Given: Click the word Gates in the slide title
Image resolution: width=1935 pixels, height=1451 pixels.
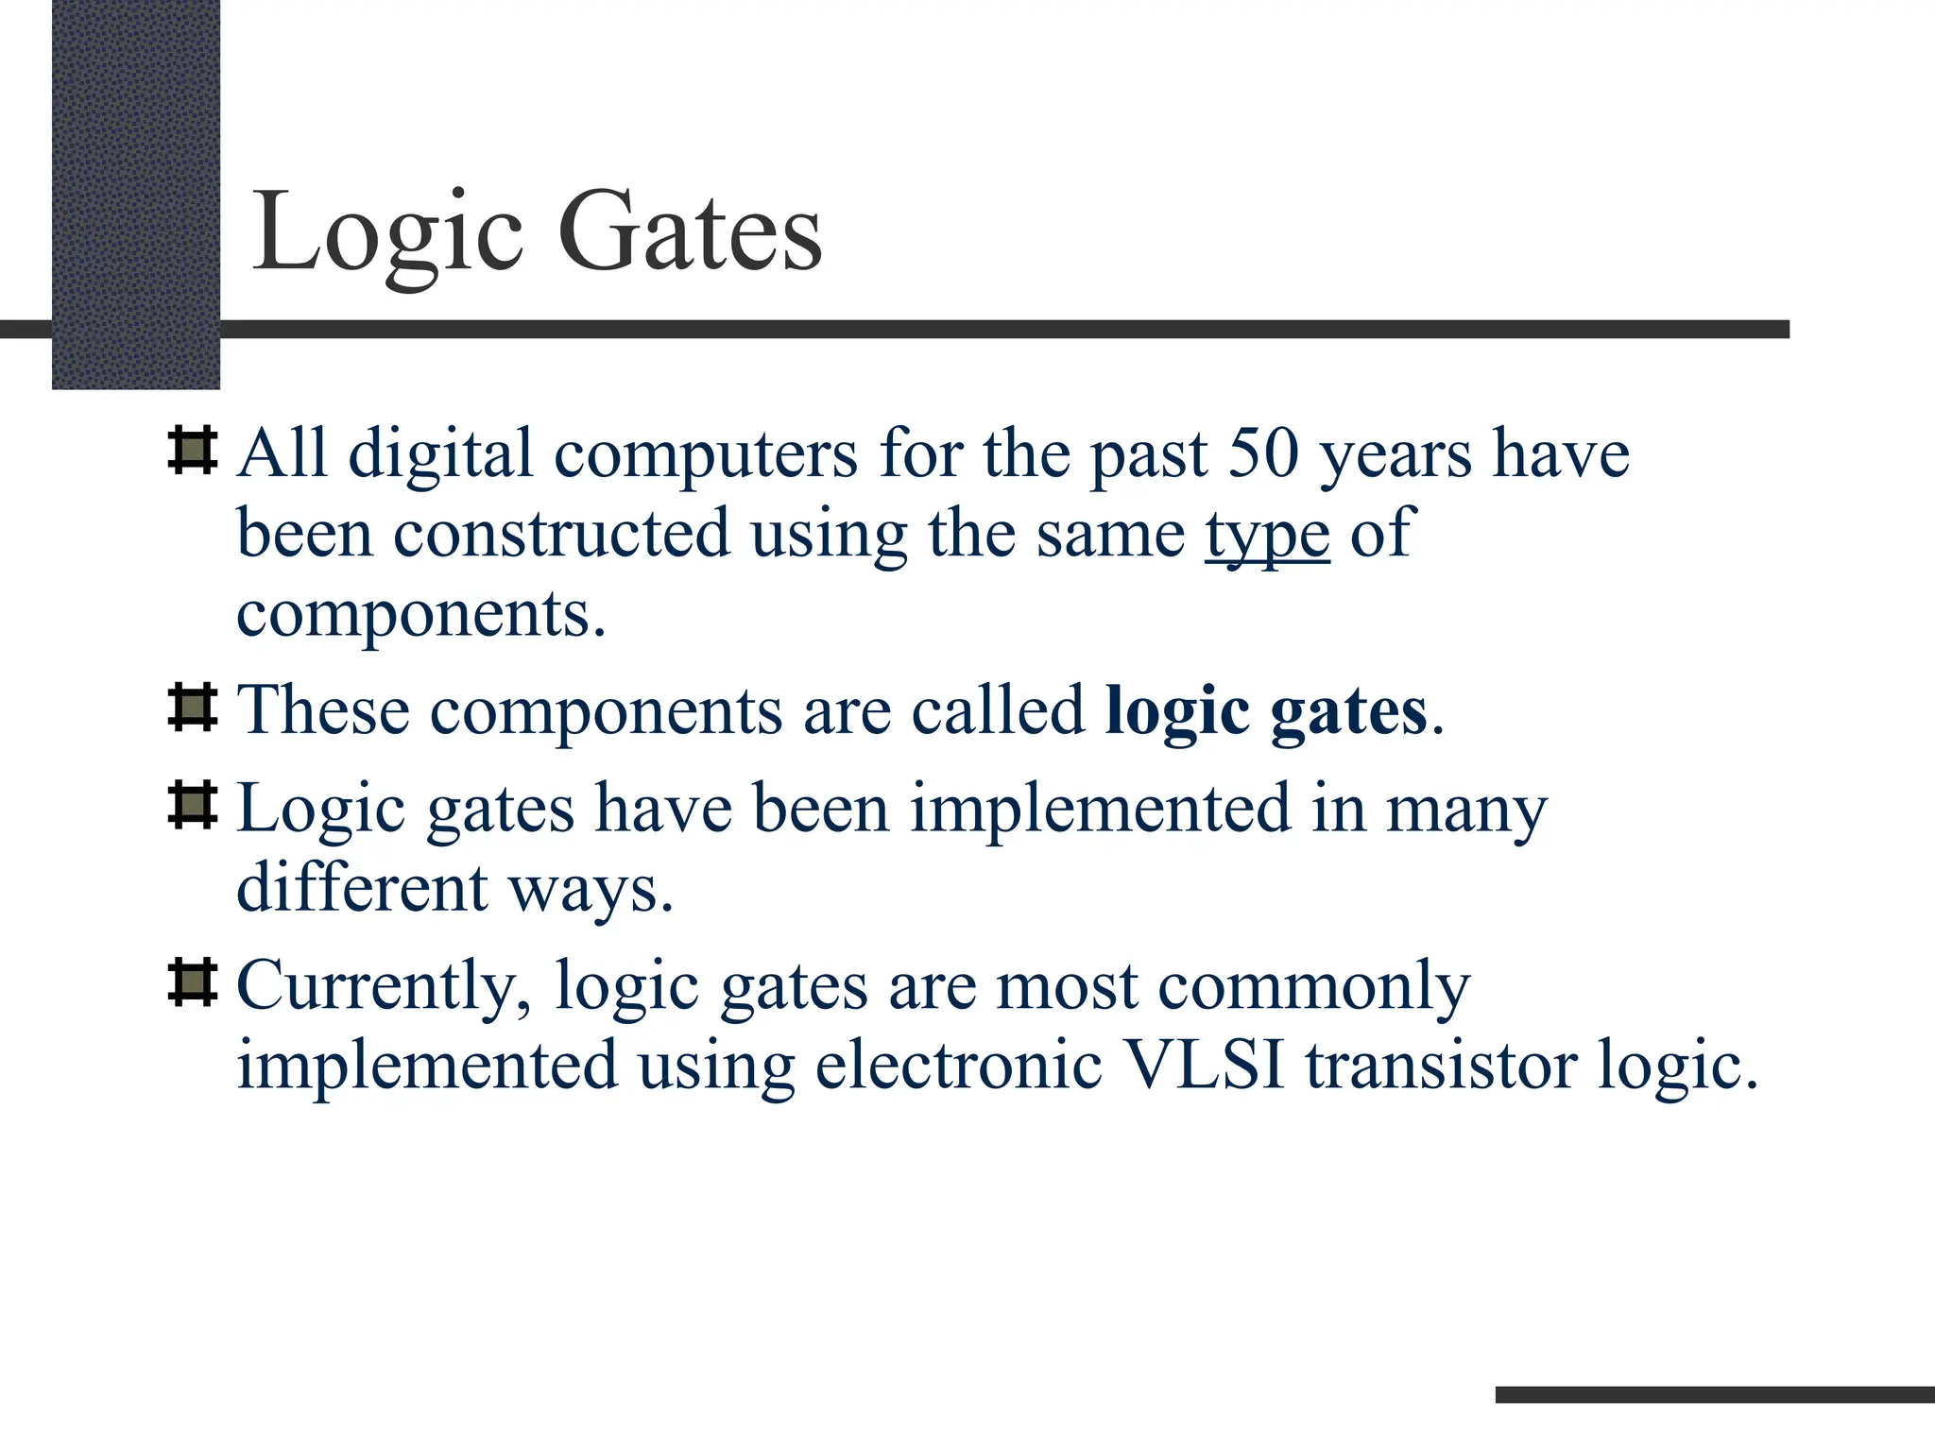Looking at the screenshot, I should click(x=690, y=232).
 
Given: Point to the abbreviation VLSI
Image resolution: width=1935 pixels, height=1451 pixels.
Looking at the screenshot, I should click(x=1205, y=1066).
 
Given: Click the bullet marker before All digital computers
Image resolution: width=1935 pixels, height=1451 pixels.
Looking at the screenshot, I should click(x=192, y=451).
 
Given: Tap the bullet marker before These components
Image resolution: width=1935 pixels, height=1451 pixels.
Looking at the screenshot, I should click(x=192, y=708).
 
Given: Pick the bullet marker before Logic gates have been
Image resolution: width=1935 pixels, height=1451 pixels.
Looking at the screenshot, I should click(x=192, y=806).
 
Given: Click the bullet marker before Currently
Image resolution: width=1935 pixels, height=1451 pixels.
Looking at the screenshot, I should click(x=192, y=982).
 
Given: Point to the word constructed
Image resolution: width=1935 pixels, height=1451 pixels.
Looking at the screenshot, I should click(x=561, y=535).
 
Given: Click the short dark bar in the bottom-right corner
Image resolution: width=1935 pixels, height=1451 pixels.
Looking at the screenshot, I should click(x=1714, y=1394).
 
